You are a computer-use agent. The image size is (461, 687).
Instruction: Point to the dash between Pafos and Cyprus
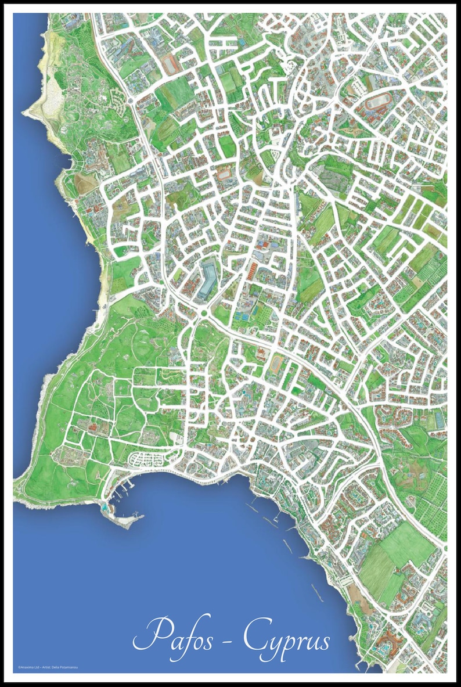click(x=228, y=639)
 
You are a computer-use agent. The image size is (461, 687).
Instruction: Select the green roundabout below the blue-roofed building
click(x=204, y=314)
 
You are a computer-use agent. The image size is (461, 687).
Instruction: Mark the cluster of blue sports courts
click(x=242, y=316)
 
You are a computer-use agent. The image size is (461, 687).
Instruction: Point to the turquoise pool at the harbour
click(x=104, y=507)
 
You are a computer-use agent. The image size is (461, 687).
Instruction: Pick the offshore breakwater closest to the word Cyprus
click(x=317, y=592)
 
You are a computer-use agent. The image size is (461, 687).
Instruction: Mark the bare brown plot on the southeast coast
click(x=354, y=592)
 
